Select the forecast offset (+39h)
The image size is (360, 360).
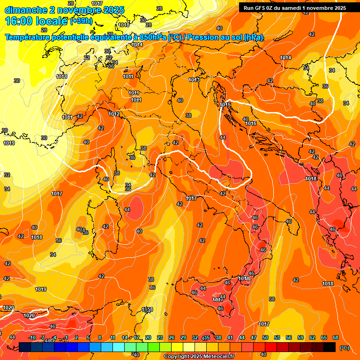[81, 21]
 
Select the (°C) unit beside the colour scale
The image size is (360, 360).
[344, 348]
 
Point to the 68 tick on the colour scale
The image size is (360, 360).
[336, 337]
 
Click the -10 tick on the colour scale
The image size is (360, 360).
[32, 337]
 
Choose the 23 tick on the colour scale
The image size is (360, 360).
[160, 337]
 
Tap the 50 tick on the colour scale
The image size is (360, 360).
[265, 337]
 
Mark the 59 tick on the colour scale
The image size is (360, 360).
[300, 337]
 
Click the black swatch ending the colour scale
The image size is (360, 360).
[330, 347]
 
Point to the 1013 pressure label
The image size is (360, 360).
[194, 80]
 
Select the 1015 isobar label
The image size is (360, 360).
[225, 104]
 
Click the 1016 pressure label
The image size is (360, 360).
[251, 123]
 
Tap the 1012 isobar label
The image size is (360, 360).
[114, 114]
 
